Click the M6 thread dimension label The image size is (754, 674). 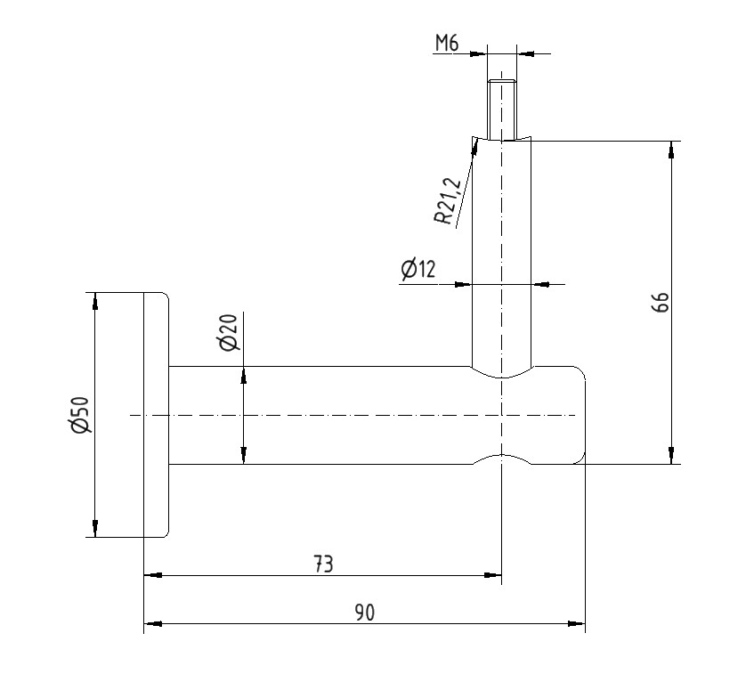[x=447, y=44]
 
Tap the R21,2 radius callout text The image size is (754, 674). [x=448, y=201]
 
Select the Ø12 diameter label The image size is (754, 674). [x=418, y=269]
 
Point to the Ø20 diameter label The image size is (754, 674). [x=229, y=332]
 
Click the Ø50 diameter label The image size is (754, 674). [x=80, y=414]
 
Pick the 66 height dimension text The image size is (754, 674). [x=661, y=302]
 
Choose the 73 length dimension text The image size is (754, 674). [x=323, y=564]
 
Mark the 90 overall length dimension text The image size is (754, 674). [x=364, y=613]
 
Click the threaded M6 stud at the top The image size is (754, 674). [x=502, y=110]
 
